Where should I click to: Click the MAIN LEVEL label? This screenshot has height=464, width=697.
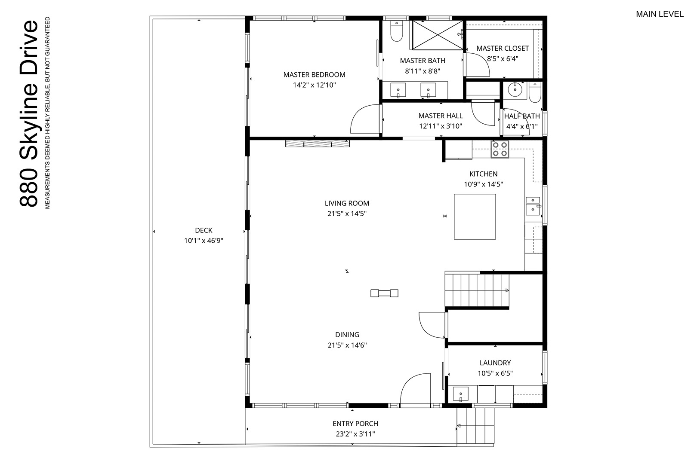pos(660,14)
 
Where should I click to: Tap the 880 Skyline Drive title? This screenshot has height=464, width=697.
pos(29,113)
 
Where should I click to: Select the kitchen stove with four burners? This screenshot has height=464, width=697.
pos(500,149)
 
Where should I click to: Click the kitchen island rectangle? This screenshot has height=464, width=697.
pos(475,217)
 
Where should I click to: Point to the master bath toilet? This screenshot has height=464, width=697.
pos(396,31)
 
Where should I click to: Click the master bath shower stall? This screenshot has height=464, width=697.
pos(438,35)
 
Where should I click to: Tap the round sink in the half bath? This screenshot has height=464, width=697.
pos(515,90)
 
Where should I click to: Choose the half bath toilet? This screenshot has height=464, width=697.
pos(535,92)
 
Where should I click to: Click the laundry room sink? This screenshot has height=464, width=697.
pos(460,394)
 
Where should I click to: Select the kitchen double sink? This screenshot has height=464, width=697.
pos(533,205)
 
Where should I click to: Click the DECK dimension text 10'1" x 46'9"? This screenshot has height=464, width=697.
pos(204,241)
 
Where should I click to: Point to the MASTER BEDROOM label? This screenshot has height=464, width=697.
pos(314,75)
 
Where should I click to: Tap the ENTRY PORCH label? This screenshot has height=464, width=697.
pos(355,424)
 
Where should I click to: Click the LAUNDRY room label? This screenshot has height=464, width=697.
pos(495,363)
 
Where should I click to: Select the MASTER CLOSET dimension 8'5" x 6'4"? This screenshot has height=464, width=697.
pos(503,58)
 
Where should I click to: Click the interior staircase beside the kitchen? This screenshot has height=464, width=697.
pos(477,290)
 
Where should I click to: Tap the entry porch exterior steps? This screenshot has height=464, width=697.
pos(475,426)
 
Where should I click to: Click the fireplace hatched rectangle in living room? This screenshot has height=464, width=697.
pos(318,143)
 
